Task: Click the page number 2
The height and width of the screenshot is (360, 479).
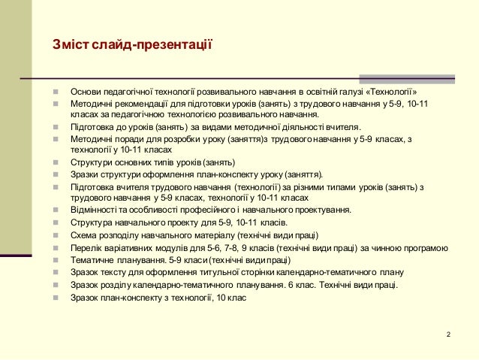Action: (447, 334)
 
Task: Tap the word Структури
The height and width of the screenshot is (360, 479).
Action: (92, 162)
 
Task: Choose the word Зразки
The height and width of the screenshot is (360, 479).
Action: (86, 174)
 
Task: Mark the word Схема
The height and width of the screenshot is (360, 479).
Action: (83, 234)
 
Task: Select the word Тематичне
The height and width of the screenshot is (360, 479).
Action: (94, 259)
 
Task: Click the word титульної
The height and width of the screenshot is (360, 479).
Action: (237, 272)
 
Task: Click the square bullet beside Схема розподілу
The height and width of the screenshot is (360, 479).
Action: (56, 234)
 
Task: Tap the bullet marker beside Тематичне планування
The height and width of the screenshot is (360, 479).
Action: (56, 259)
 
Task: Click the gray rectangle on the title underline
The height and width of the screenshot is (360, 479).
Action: (406, 78)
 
